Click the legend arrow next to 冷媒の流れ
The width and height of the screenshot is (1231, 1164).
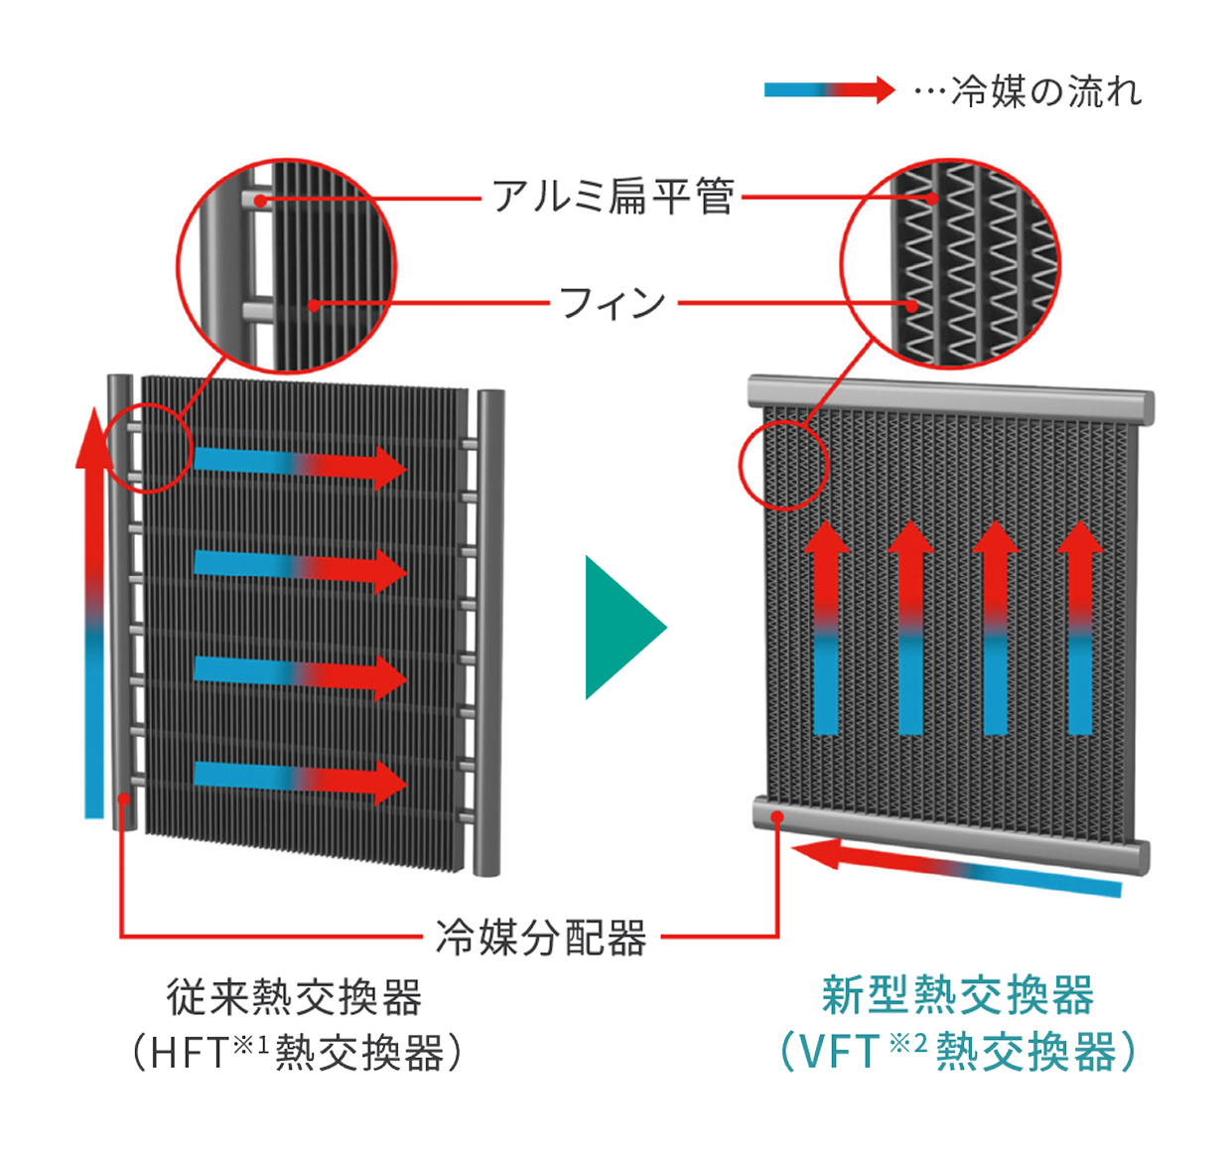(828, 90)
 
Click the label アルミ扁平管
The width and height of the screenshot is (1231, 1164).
(613, 197)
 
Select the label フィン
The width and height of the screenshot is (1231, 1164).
(613, 302)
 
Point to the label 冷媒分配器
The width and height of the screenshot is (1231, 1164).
(541, 937)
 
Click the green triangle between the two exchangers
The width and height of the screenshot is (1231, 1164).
(621, 628)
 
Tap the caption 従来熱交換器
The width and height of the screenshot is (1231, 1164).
(295, 997)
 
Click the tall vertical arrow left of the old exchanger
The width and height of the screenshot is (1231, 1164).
(93, 616)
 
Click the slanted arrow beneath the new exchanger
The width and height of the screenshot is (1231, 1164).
(958, 867)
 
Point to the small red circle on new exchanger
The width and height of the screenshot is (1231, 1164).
(783, 465)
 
